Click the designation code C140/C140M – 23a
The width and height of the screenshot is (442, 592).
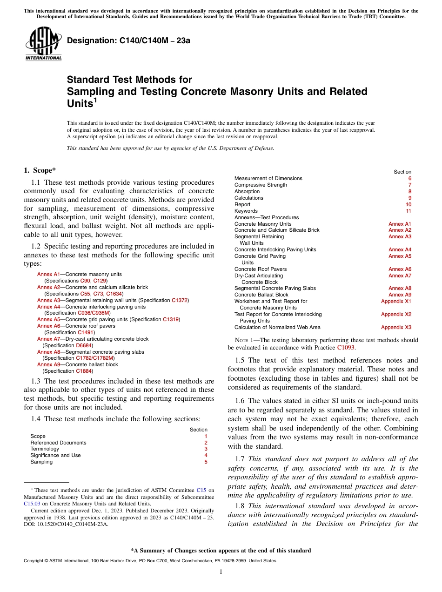[x=129, y=41]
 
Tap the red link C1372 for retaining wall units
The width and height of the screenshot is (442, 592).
[x=180, y=301]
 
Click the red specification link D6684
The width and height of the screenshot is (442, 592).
[x=84, y=345]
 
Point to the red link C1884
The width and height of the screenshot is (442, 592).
[x=84, y=371]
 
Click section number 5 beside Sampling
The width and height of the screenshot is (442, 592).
[x=206, y=462]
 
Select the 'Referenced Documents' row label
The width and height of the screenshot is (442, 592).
[x=58, y=443]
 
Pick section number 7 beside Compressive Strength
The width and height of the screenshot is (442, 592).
[x=409, y=185]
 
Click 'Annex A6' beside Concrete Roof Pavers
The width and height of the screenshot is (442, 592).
[x=400, y=269]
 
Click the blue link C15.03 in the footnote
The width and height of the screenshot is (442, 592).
[x=31, y=504]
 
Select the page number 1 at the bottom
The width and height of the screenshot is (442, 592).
[x=221, y=572]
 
